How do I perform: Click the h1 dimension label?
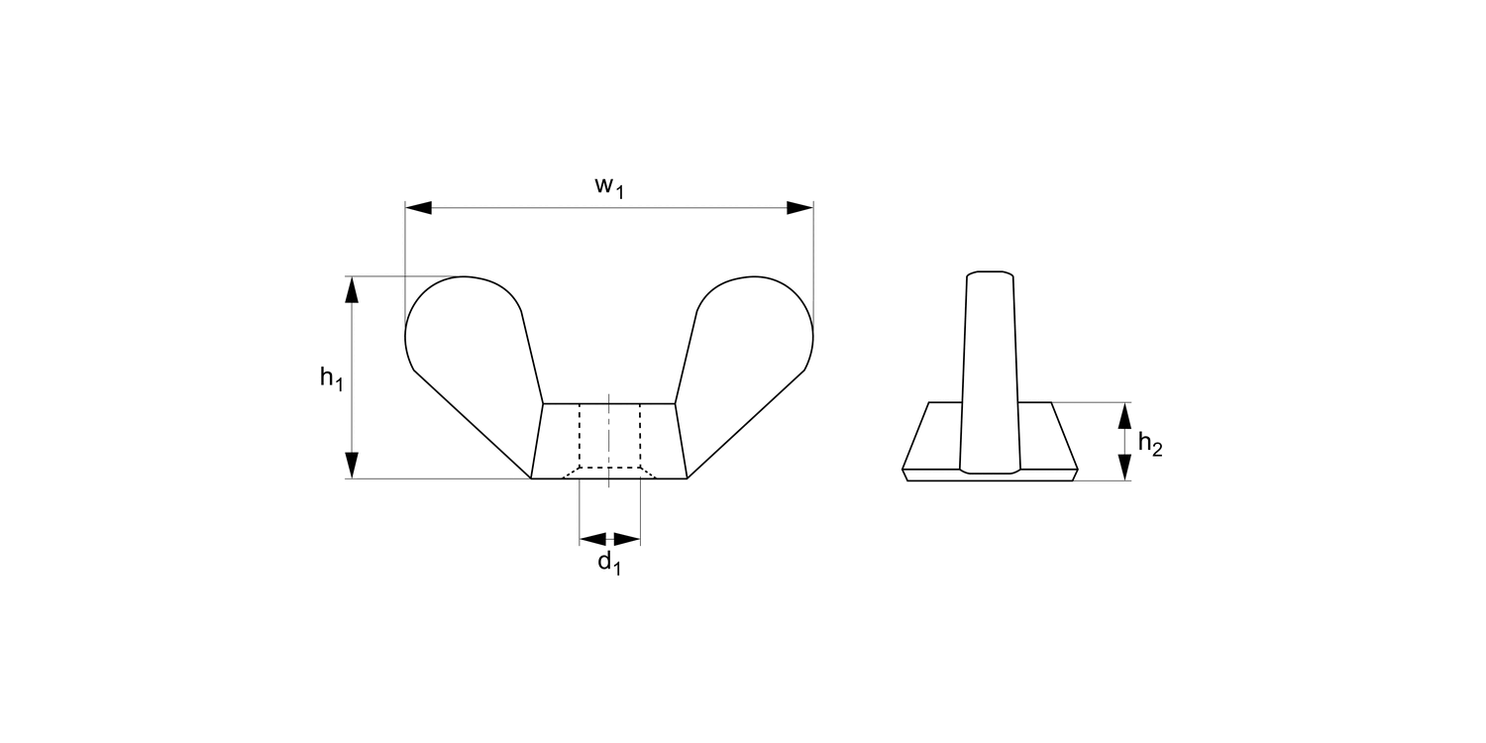coord(331,378)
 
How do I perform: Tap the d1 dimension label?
coord(608,565)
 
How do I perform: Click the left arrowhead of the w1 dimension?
coord(419,208)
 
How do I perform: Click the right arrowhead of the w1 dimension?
coord(799,208)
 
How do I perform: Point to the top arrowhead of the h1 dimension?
coord(352,290)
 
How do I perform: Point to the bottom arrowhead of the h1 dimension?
coord(352,465)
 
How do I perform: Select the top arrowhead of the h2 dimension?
coord(1123,415)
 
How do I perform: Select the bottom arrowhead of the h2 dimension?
coord(1123,467)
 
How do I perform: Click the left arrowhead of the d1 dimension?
coord(592,540)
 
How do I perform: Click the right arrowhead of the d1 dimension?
coord(626,540)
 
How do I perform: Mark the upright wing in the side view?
coord(990,376)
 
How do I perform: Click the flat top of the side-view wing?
coord(990,270)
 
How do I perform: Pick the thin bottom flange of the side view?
coord(990,476)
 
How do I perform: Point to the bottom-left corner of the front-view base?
coord(532,478)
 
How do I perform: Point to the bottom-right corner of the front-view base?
coord(687,478)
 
